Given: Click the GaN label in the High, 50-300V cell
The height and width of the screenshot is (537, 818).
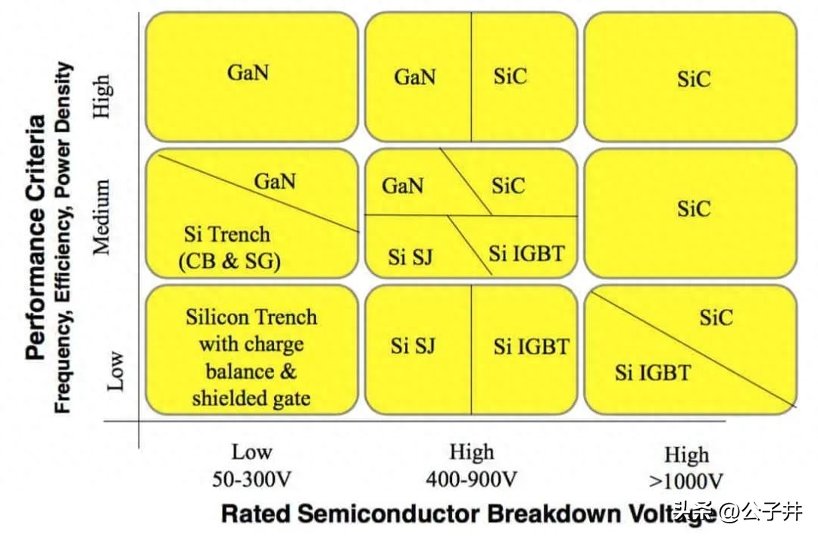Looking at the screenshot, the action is click(248, 72).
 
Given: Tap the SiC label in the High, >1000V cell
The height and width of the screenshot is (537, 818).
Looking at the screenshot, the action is click(694, 79).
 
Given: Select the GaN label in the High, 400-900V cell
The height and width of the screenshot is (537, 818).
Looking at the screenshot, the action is click(415, 77).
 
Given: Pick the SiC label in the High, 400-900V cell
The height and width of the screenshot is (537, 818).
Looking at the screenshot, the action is click(510, 76).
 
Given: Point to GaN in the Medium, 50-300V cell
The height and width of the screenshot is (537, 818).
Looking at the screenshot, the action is click(275, 181).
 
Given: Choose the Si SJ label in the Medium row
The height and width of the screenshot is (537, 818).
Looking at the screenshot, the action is click(410, 257).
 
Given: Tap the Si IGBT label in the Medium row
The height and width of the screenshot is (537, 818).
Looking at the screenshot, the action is click(526, 254).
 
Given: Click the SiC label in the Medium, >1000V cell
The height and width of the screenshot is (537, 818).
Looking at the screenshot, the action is click(694, 209).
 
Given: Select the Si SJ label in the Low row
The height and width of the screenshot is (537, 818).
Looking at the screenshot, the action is click(413, 346).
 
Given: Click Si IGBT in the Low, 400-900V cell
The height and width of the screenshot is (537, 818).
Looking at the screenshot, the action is click(531, 347).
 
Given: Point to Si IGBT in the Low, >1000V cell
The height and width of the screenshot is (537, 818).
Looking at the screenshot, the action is click(653, 373).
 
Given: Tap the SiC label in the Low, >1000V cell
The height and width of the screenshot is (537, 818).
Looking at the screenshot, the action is click(717, 317).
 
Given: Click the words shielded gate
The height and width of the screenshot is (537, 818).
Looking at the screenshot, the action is click(251, 398).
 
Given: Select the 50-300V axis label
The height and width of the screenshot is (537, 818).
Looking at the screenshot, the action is click(251, 479).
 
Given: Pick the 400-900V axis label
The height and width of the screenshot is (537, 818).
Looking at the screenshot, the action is click(472, 479).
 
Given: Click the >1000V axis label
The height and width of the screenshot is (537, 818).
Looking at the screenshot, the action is click(686, 481).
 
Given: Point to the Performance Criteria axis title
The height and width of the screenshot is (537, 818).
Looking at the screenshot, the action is click(36, 238).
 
